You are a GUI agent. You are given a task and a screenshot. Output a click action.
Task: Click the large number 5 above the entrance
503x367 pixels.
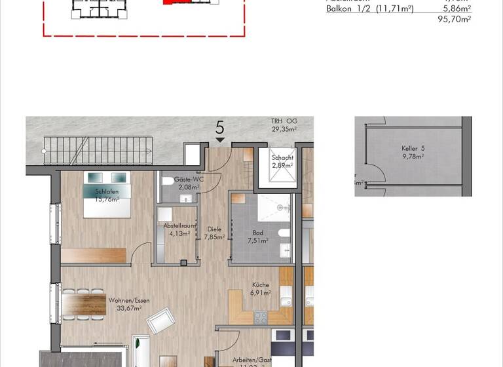pyautogui.click(x=220, y=127)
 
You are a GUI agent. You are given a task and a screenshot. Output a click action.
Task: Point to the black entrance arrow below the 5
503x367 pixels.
pyautogui.click(x=220, y=140)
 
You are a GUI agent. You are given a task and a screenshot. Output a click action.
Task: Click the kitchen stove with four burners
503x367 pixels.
pyautogui.click(x=261, y=317)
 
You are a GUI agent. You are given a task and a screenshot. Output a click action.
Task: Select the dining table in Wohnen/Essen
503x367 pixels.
pyautogui.click(x=84, y=304)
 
